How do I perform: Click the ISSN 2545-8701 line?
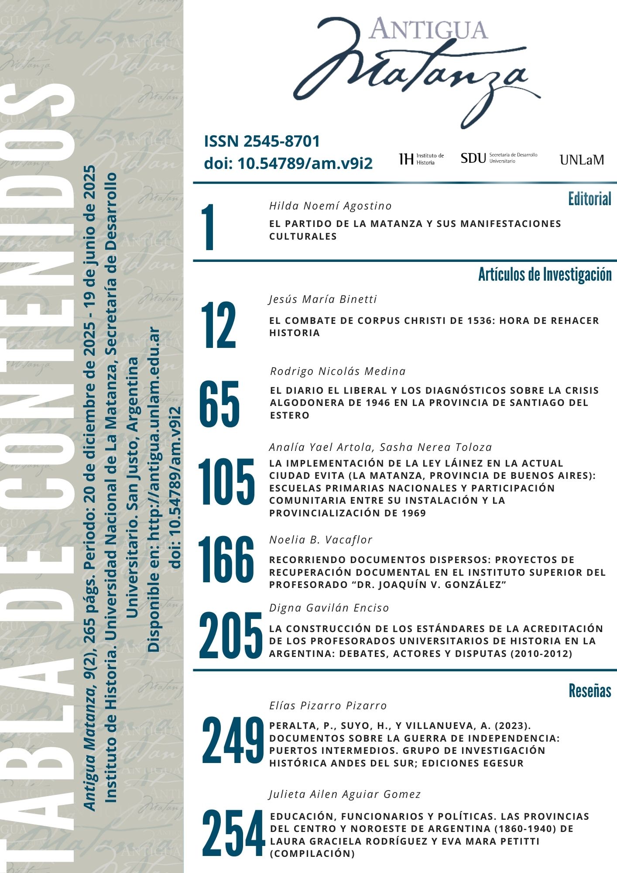[262, 141]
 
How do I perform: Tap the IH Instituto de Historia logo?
[422, 159]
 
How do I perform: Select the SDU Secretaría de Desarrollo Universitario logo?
[499, 158]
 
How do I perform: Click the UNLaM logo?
[581, 160]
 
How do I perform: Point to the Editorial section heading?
[589, 199]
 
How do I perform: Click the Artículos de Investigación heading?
[545, 275]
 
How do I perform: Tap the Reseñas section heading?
[590, 691]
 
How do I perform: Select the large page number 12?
[219, 325]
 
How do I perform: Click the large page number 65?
[219, 404]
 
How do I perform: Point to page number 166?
[226, 559]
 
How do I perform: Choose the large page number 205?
[230, 635]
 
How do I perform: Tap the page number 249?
[233, 740]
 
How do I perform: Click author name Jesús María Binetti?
[322, 299]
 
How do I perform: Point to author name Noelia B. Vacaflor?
[321, 540]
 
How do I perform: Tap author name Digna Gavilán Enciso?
[329, 608]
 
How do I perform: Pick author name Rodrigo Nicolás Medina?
[338, 371]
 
